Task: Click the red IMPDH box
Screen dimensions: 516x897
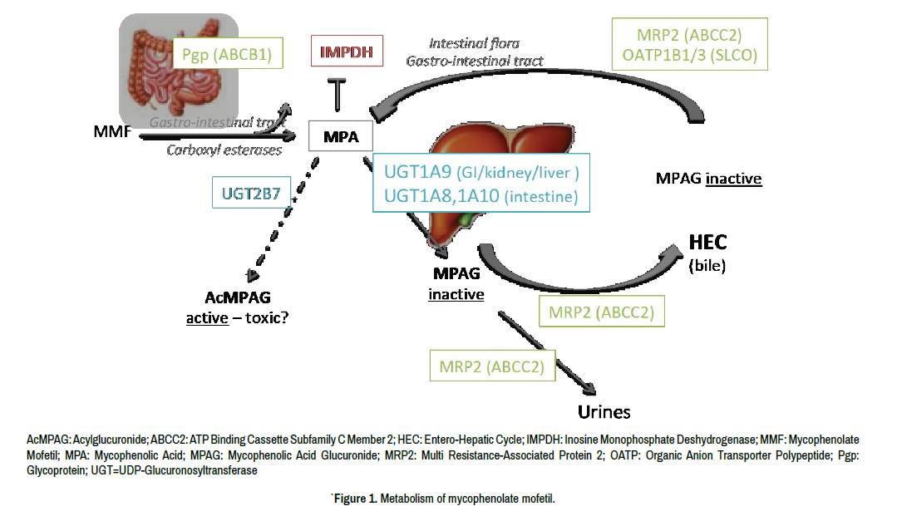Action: point(347,53)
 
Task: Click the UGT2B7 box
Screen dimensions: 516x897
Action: point(250,194)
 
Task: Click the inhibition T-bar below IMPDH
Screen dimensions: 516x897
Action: point(336,94)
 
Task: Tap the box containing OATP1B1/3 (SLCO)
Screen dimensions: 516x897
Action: point(688,45)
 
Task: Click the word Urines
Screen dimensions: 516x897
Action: point(604,411)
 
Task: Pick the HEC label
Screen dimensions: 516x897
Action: point(707,242)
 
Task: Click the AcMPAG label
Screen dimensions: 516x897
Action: point(238,297)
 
